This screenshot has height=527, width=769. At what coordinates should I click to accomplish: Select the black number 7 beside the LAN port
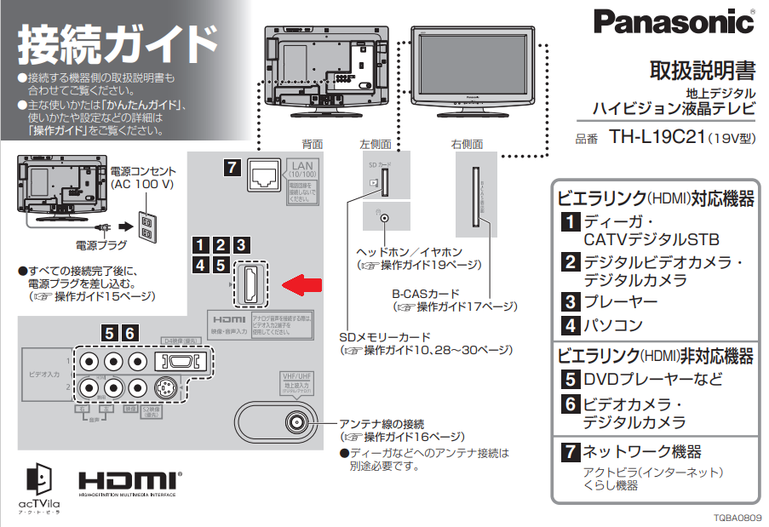[232, 168]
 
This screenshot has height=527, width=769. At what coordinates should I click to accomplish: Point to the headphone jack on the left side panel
[385, 217]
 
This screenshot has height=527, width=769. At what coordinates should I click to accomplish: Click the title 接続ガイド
[118, 43]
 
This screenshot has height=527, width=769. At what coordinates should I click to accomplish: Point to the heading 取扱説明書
[702, 70]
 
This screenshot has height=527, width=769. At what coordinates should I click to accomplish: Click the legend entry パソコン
[613, 324]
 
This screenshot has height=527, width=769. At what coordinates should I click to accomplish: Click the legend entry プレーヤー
[620, 301]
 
